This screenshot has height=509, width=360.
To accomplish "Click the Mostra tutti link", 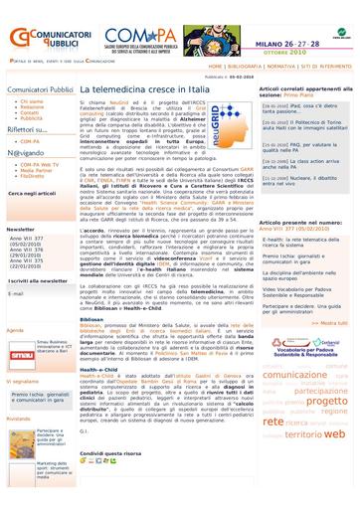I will point(332,322).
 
